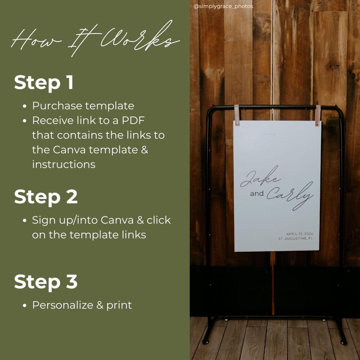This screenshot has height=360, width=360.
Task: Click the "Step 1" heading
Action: [x=44, y=83]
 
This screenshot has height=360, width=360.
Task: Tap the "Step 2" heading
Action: [x=46, y=197]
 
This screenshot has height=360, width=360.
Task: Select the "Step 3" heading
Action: [x=46, y=282]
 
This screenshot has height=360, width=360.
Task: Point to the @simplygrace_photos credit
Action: [x=223, y=6]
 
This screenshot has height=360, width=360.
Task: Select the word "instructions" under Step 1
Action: [x=63, y=164]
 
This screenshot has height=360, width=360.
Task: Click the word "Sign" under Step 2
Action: [x=43, y=220]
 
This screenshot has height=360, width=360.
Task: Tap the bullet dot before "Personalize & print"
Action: [x=25, y=306]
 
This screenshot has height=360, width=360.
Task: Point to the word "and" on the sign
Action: [x=257, y=194]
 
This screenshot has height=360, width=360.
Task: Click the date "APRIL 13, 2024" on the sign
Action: [x=299, y=234]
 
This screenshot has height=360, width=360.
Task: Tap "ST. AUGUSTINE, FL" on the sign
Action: [x=296, y=238]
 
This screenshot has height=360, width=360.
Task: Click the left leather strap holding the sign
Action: [x=237, y=115]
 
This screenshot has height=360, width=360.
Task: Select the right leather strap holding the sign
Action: [x=318, y=115]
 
